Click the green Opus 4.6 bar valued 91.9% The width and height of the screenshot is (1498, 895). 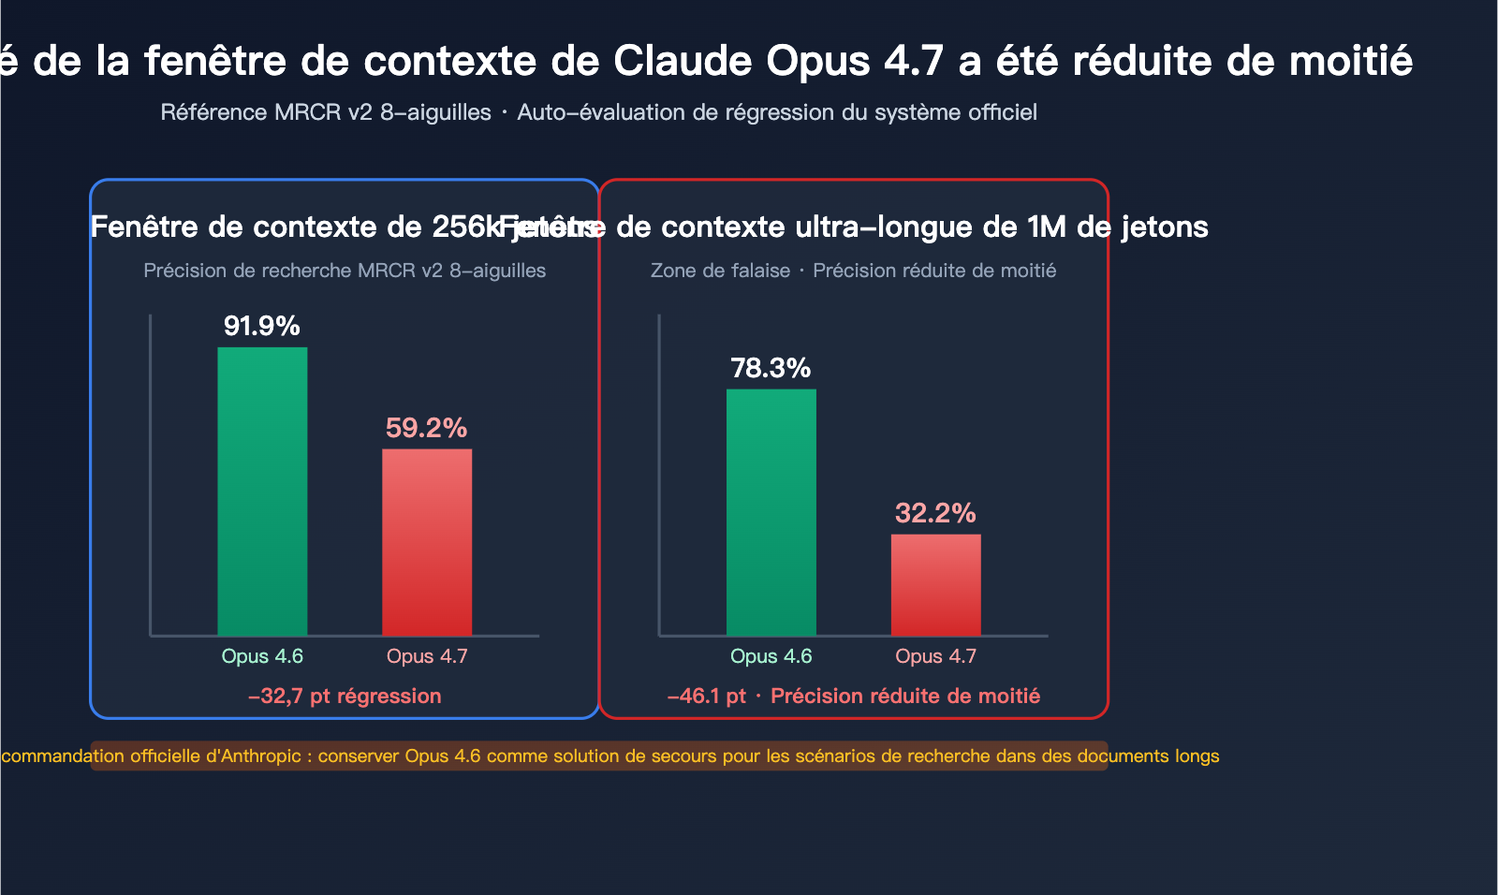[x=262, y=492]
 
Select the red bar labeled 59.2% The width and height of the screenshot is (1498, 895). [x=427, y=543]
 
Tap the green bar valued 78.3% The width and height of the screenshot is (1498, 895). [x=771, y=512]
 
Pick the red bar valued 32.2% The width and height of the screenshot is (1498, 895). [x=935, y=585]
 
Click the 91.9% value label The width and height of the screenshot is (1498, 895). [x=262, y=326]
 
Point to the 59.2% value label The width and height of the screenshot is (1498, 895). [x=427, y=428]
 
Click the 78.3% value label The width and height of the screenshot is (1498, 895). [x=771, y=368]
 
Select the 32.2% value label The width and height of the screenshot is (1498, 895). [x=935, y=513]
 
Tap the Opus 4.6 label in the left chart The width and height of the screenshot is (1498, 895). [x=262, y=656]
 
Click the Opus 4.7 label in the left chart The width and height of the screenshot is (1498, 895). [x=427, y=656]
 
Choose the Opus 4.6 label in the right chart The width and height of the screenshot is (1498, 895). [x=771, y=656]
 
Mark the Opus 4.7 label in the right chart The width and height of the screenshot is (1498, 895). [x=935, y=656]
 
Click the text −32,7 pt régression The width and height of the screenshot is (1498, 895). [x=345, y=697]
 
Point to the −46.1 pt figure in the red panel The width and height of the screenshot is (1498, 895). [x=707, y=697]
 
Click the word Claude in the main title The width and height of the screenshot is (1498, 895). [x=683, y=61]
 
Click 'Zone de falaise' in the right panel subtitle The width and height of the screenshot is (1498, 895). [x=720, y=271]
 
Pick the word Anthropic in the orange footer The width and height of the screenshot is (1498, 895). [x=259, y=756]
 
